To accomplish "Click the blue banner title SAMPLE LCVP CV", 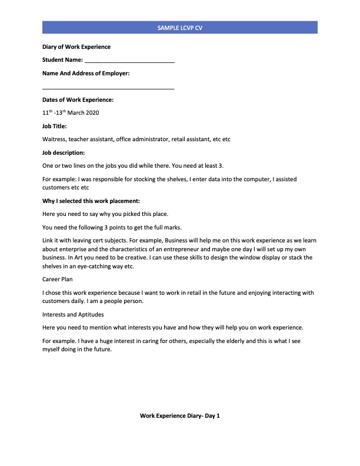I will tap(180, 28).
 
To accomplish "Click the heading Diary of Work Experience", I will tap(76, 47).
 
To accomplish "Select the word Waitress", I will tap(55, 139).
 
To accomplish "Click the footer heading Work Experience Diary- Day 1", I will tap(179, 416).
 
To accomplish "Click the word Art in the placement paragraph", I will tap(91, 258).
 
